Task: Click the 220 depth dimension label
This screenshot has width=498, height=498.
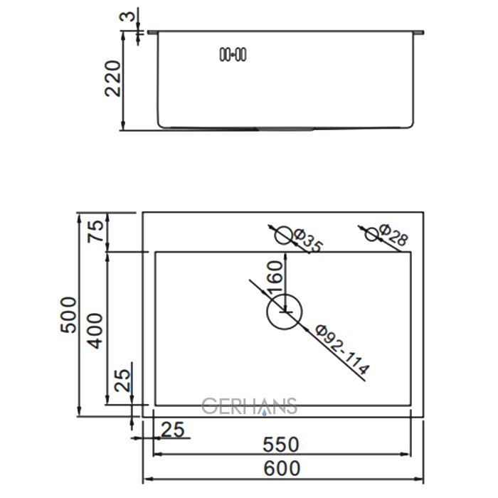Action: tap(112, 78)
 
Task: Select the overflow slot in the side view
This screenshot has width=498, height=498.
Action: tap(233, 54)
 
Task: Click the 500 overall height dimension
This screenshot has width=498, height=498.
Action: tap(68, 314)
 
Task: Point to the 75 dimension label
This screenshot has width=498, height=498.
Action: tap(95, 231)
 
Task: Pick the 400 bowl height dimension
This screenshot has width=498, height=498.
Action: tap(95, 331)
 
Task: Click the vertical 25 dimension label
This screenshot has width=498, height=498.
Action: tap(122, 380)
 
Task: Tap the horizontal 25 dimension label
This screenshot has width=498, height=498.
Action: tap(172, 430)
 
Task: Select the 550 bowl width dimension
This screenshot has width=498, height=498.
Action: tap(281, 445)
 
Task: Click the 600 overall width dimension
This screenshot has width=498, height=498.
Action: tap(282, 468)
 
